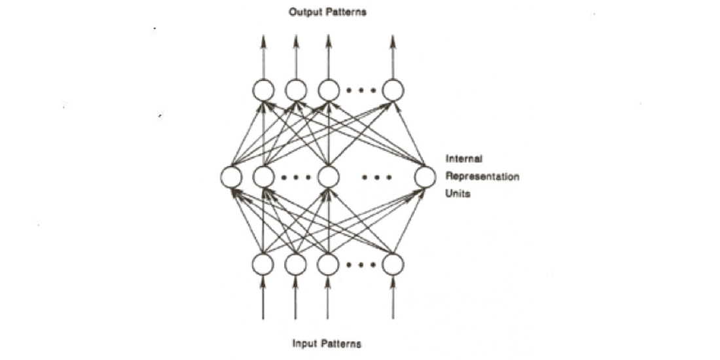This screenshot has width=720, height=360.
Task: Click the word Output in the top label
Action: tap(304, 12)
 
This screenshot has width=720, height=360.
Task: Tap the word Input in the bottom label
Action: tap(304, 344)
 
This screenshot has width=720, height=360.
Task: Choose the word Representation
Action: tap(482, 176)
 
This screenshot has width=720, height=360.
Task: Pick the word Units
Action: tap(458, 193)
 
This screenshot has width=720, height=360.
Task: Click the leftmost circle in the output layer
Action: tap(264, 90)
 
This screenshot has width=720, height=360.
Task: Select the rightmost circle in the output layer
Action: tap(393, 90)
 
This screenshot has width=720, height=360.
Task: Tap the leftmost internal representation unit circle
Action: tap(231, 177)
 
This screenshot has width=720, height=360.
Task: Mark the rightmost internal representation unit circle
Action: tap(425, 177)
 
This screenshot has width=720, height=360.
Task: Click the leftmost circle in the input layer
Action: tap(263, 264)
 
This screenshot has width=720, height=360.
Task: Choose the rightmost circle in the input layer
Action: tap(393, 264)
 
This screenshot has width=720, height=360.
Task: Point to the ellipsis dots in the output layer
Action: tap(361, 90)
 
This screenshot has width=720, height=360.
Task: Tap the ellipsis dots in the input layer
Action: tap(361, 265)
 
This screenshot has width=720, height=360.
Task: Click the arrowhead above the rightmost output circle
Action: tap(393, 41)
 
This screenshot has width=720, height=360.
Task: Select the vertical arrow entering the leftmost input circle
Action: tap(263, 298)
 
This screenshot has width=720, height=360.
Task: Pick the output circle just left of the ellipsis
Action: tap(329, 90)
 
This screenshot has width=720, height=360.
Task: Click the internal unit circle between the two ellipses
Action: tap(329, 177)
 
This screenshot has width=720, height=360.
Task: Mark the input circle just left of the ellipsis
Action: tap(328, 264)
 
